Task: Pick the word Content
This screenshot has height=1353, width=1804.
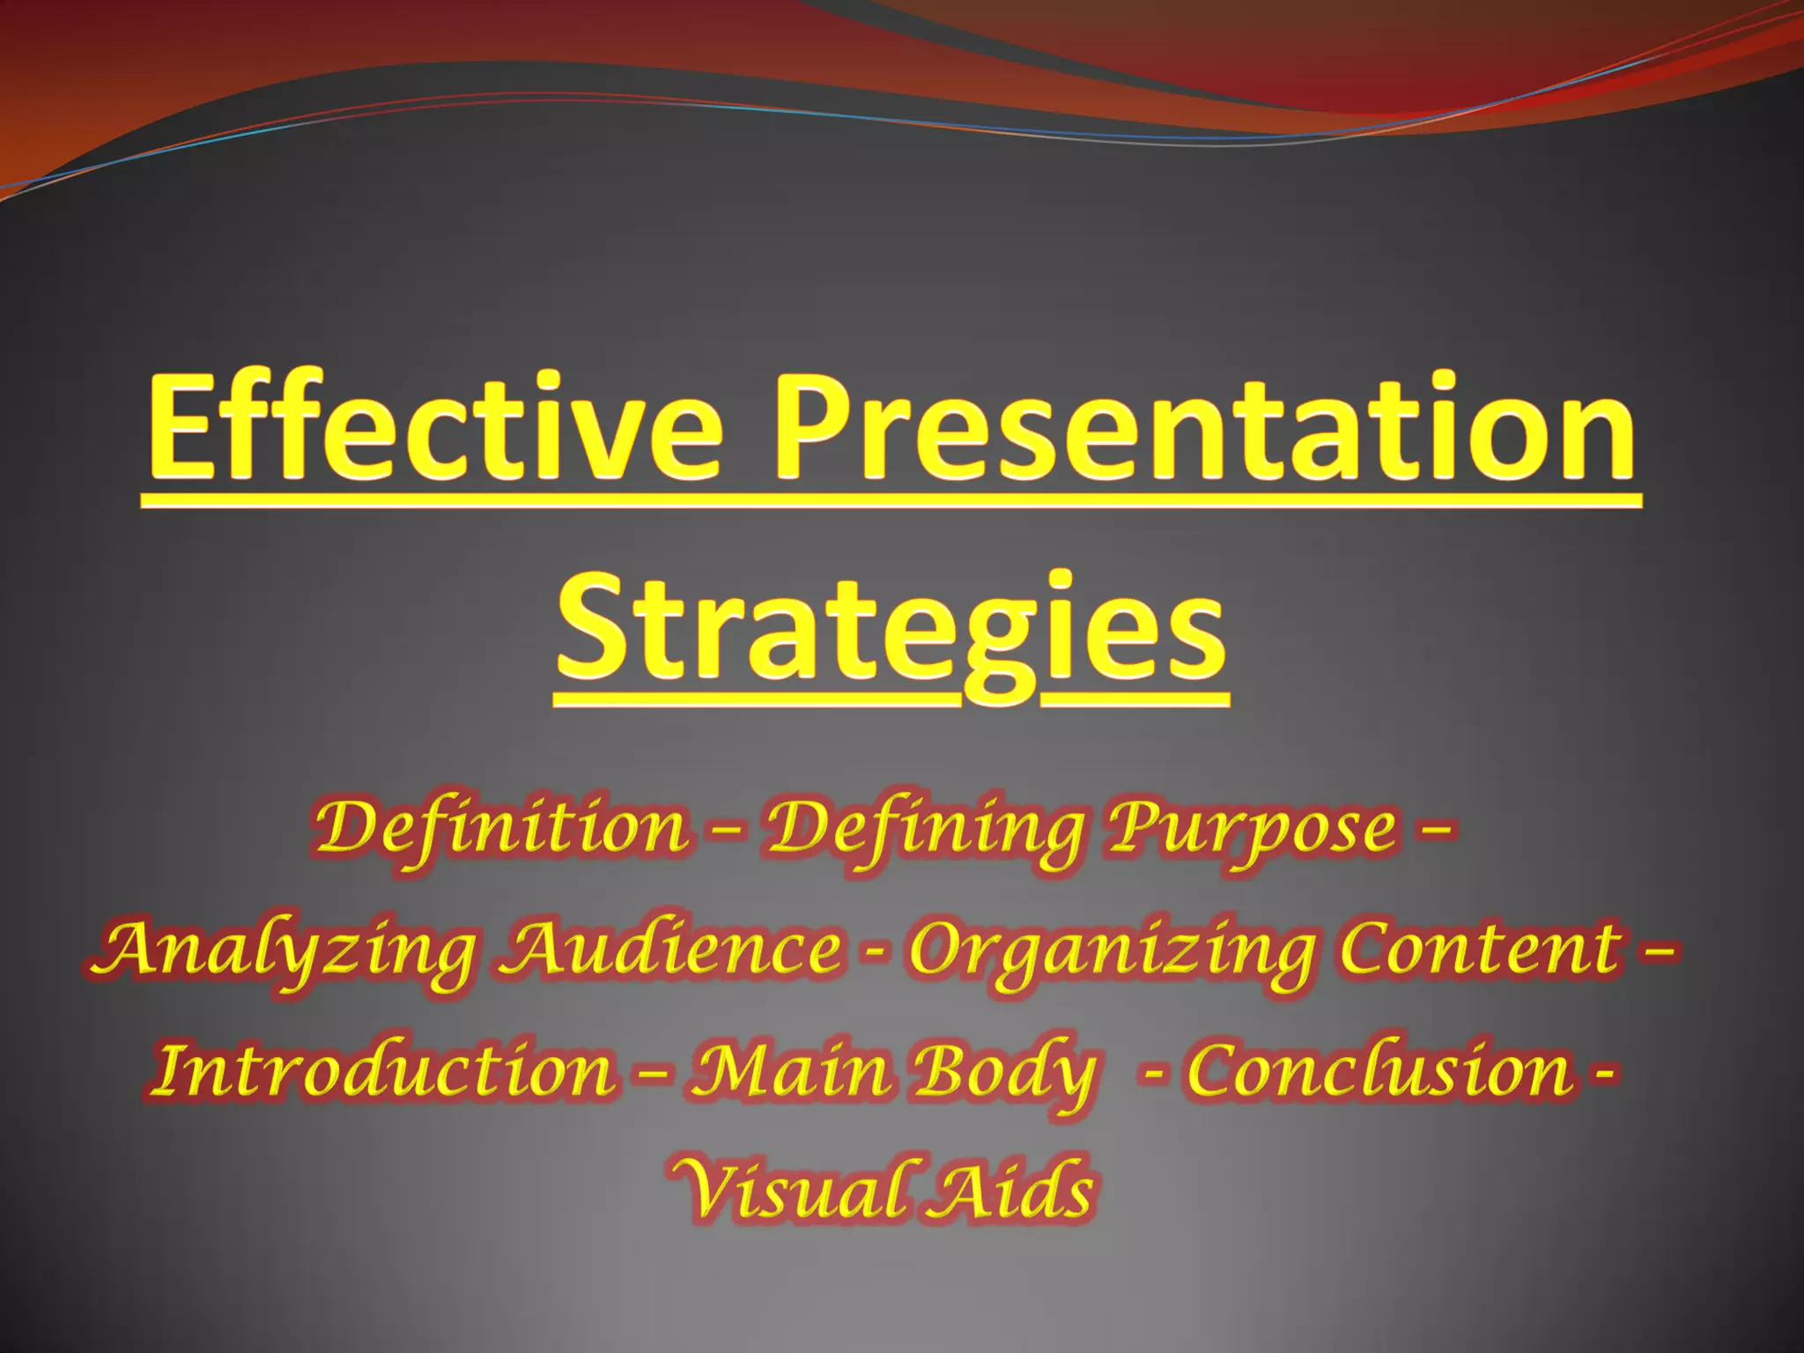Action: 1480,950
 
